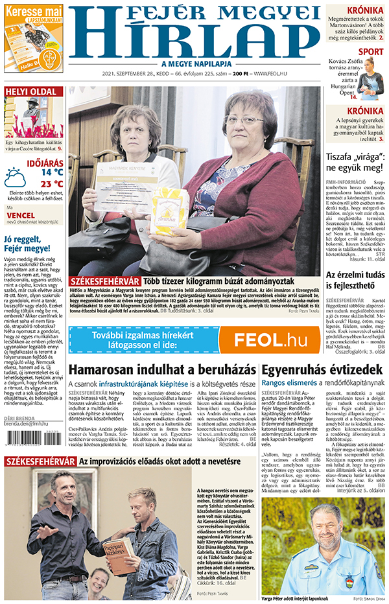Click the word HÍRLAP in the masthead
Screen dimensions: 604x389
tap(193, 40)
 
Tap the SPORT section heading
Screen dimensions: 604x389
tap(370, 51)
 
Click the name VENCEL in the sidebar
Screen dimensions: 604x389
tap(20, 215)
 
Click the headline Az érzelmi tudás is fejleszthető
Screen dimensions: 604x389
tap(357, 280)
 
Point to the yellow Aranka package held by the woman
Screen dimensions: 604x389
tap(168, 211)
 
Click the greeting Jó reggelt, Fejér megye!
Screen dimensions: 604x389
tap(27, 244)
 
